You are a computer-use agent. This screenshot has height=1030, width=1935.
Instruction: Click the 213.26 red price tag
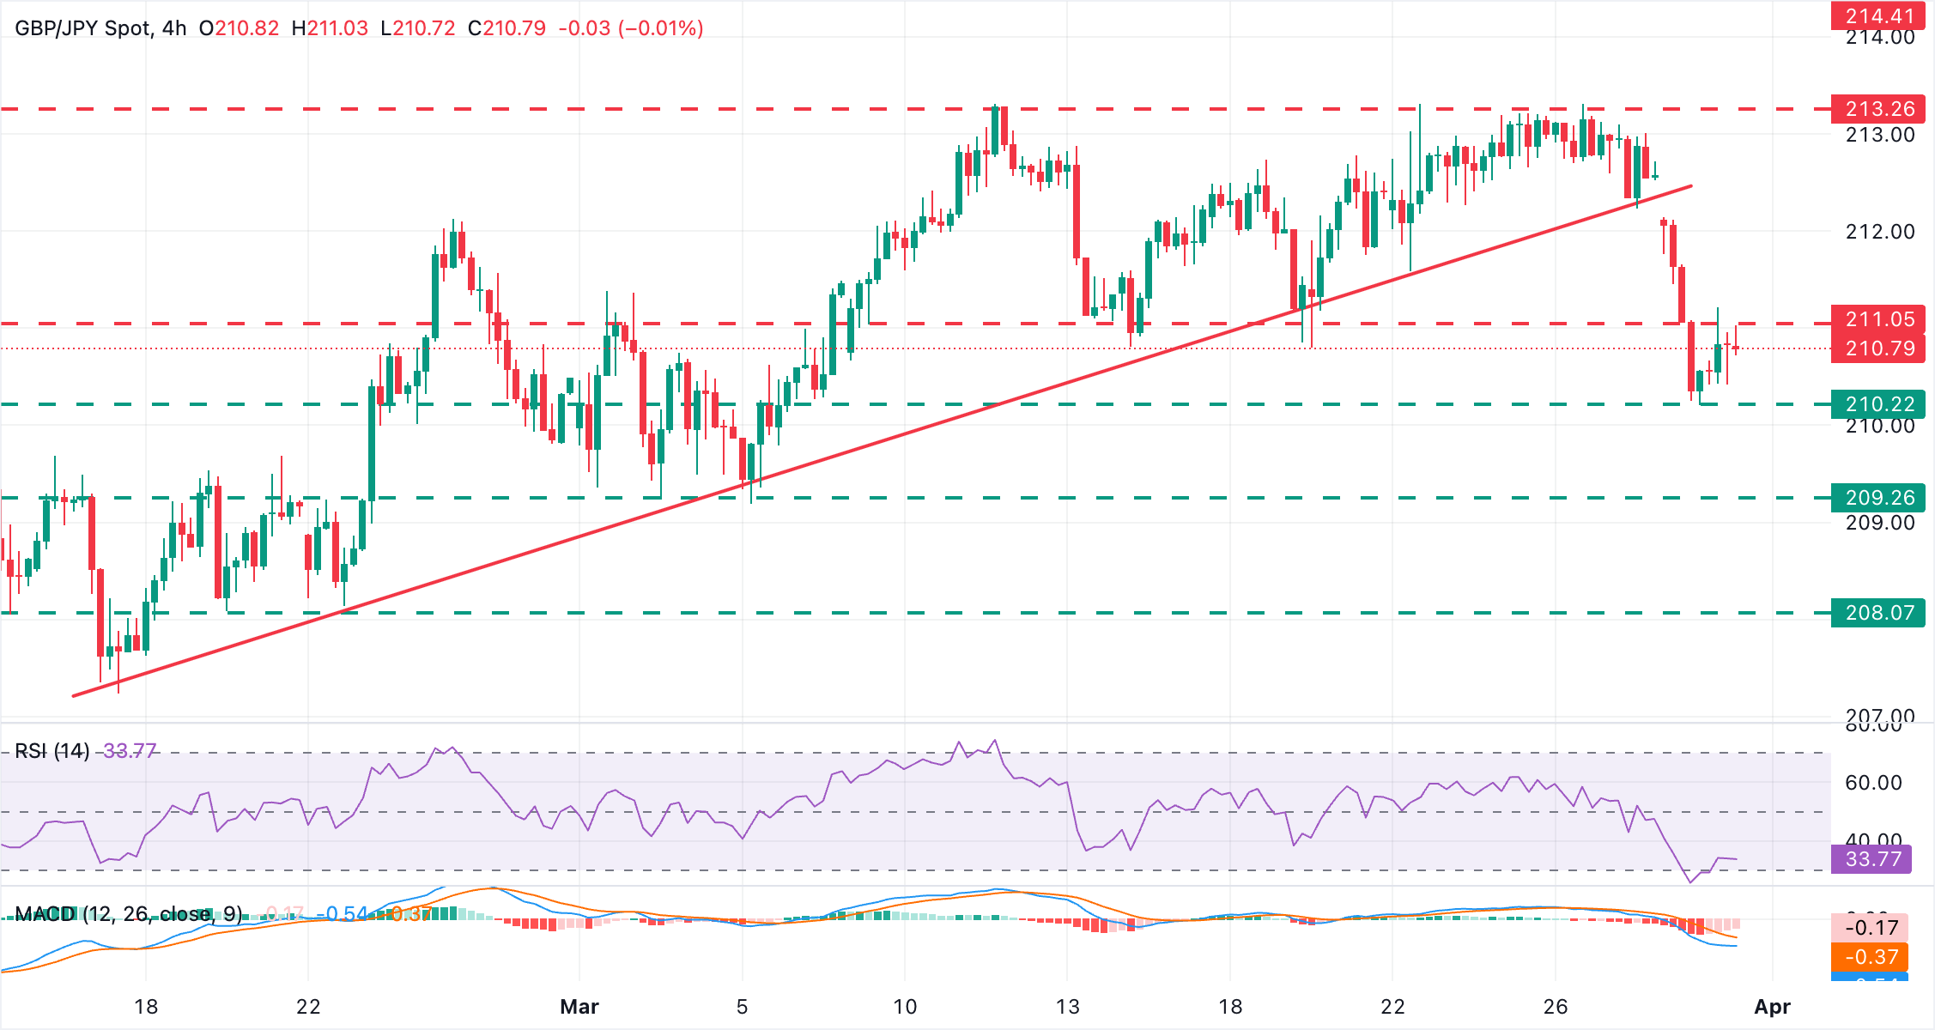(x=1878, y=109)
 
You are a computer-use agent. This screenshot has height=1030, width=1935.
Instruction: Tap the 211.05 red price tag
(x=1878, y=319)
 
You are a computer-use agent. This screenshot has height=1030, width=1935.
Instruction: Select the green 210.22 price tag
(x=1878, y=403)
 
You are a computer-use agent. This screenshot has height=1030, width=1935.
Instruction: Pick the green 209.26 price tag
(x=1878, y=497)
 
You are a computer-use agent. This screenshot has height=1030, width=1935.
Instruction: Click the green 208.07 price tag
(x=1878, y=613)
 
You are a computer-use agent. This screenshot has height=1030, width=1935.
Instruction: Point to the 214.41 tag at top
(x=1878, y=15)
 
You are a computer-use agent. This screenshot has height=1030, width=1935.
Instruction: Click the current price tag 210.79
(x=1878, y=348)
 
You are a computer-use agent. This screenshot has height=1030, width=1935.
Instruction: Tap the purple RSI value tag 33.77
(x=1871, y=859)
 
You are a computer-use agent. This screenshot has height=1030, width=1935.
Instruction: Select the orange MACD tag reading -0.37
(x=1870, y=956)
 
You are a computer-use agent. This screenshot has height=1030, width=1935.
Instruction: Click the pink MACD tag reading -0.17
(x=1870, y=928)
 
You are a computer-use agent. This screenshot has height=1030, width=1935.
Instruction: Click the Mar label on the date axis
(x=579, y=1007)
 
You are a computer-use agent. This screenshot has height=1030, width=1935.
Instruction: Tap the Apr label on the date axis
(x=1772, y=1007)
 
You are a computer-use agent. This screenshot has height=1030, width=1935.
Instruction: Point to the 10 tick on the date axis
(x=905, y=1007)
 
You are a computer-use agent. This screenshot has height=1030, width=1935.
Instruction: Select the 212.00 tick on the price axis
(x=1880, y=232)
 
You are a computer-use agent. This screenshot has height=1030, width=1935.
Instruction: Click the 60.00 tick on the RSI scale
(x=1873, y=783)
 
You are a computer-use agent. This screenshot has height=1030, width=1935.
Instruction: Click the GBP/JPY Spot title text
(x=82, y=28)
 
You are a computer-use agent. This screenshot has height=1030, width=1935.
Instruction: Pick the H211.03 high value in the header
(x=330, y=28)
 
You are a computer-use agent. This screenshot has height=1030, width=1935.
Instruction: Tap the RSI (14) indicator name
(x=52, y=751)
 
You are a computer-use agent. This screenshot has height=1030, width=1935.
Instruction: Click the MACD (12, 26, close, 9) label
(x=129, y=913)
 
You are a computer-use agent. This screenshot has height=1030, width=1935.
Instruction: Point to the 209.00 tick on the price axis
(x=1880, y=523)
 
